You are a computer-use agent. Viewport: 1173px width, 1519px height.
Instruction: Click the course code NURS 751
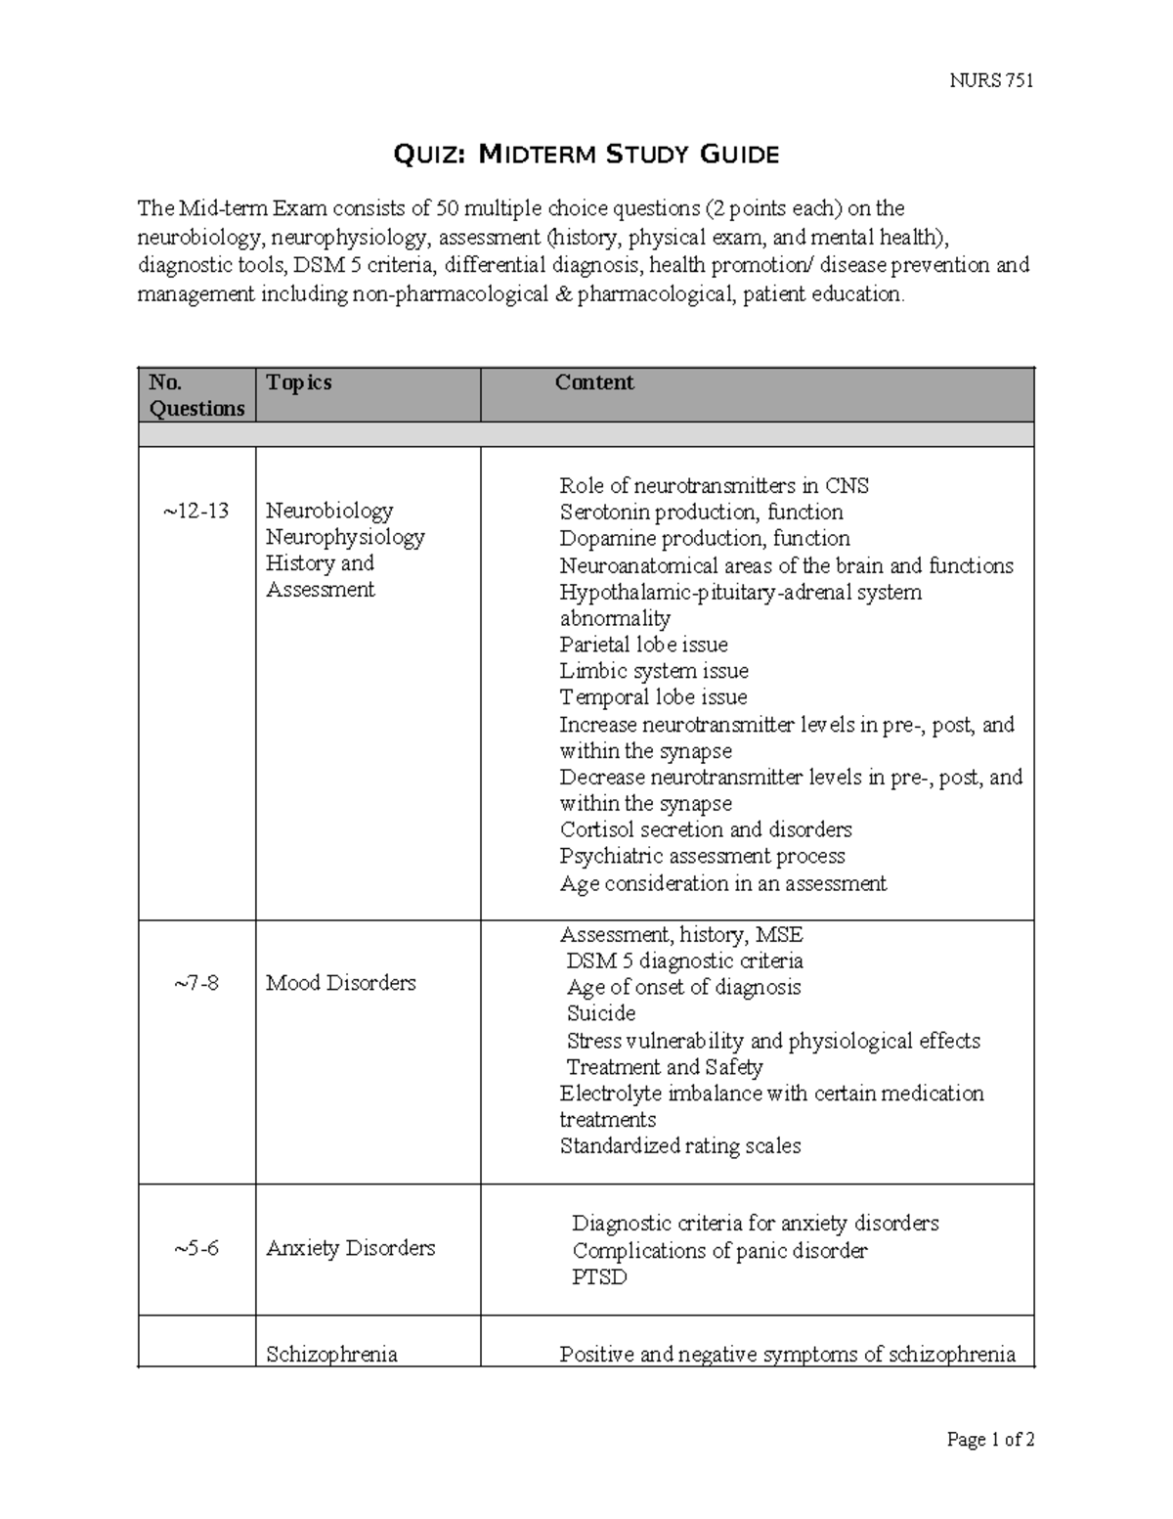991,80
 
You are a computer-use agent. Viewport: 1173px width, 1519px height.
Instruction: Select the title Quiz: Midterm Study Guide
586,154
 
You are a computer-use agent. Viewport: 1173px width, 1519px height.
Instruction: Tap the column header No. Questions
196,395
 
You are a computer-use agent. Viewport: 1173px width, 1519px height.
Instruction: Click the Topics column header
299,382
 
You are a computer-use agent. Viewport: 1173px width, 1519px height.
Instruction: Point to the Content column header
594,382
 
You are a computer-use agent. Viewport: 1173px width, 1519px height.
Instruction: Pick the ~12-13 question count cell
196,511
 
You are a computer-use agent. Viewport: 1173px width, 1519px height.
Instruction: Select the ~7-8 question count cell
196,983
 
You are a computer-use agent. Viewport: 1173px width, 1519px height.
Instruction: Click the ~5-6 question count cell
196,1248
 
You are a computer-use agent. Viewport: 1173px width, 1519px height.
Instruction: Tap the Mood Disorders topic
340,983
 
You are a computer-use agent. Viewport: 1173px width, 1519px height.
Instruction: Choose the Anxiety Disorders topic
350,1248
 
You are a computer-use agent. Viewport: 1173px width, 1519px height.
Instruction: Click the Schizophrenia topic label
331,1355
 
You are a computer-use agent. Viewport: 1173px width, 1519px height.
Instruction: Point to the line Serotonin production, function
701,513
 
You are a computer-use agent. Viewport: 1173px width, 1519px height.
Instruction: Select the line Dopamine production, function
704,539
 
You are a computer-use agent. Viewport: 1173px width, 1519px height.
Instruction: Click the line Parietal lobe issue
643,645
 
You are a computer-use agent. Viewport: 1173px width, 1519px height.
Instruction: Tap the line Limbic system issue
654,671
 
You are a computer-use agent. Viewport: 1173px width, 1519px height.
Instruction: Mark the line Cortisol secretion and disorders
705,829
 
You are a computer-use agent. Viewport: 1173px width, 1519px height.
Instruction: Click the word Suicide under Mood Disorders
601,1013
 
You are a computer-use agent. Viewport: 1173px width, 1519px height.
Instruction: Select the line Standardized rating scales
679,1145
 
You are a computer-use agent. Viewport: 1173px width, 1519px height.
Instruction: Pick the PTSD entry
599,1277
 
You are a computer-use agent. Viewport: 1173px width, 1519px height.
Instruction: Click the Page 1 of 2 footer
990,1439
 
